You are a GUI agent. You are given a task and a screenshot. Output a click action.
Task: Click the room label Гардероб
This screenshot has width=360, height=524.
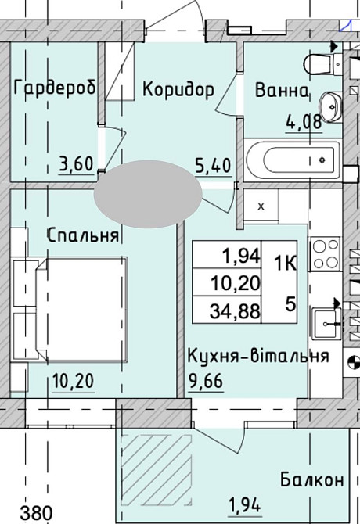[55, 89]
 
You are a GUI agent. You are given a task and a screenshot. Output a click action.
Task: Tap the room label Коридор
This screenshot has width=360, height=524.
[178, 90]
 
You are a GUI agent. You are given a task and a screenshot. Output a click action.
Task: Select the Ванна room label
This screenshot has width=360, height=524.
[282, 91]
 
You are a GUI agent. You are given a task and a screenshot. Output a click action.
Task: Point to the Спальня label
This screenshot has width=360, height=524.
[82, 235]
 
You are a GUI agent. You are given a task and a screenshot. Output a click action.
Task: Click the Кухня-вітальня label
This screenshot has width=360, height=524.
[257, 357]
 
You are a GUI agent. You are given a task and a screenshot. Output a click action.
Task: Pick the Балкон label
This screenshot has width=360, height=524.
[311, 480]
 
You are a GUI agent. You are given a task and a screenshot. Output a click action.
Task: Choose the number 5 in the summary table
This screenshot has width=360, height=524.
[290, 304]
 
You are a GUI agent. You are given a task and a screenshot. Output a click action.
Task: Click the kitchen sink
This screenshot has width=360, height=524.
[326, 321]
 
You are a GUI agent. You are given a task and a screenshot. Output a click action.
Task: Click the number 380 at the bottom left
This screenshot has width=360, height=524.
[37, 513]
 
